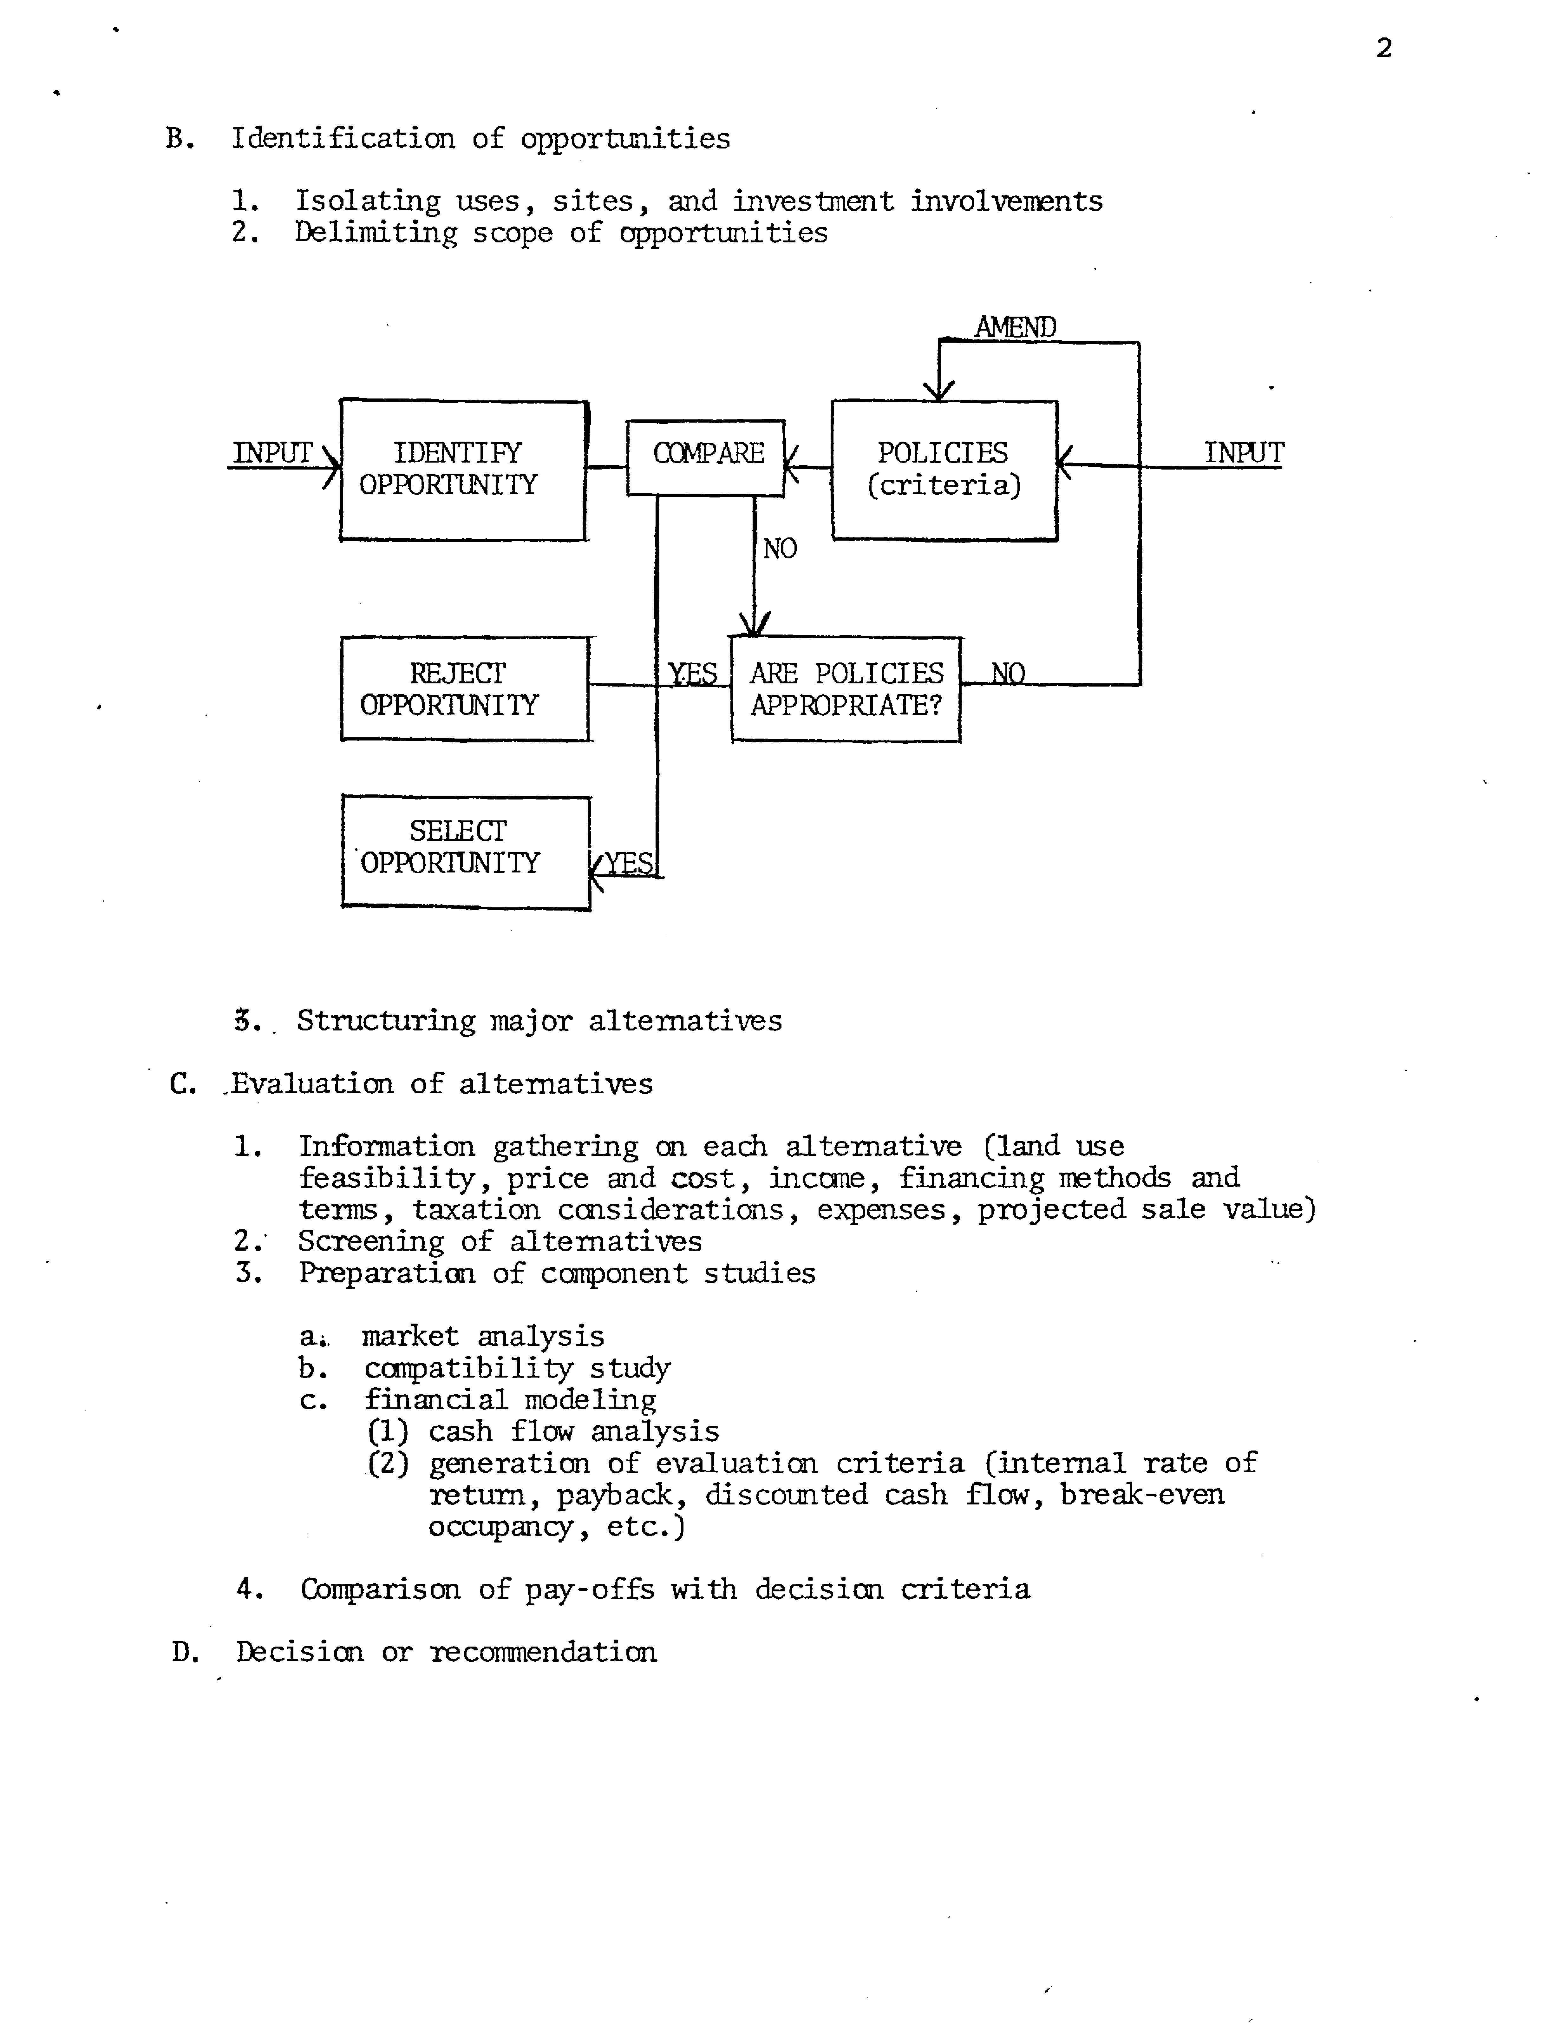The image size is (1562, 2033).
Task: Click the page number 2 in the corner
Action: (1383, 48)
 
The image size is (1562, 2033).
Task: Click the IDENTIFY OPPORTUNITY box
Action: (462, 470)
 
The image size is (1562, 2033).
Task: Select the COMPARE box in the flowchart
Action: (706, 457)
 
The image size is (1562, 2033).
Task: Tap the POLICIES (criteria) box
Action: (944, 470)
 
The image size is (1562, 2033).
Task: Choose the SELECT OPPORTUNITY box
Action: (465, 851)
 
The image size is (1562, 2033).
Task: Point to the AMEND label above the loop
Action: (1015, 327)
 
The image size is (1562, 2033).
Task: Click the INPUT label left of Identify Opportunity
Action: (271, 453)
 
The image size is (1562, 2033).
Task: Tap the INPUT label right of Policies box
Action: (1243, 453)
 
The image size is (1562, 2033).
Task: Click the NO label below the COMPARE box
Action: (779, 549)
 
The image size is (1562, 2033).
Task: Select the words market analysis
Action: (482, 1336)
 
